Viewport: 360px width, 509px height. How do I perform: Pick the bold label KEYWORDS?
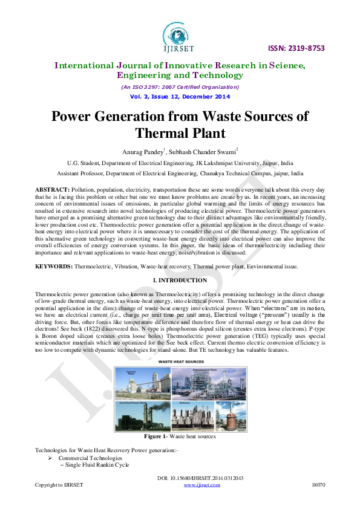click(54, 266)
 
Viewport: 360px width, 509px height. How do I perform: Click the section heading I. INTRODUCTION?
click(180, 280)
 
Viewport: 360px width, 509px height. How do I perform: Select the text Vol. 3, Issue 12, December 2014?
click(180, 97)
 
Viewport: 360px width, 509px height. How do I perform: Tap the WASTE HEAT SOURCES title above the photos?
click(180, 361)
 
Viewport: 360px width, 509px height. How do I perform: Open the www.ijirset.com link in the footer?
click(201, 485)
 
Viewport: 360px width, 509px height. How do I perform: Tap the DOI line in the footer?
click(200, 478)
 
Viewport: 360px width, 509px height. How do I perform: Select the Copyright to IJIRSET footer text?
click(59, 485)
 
